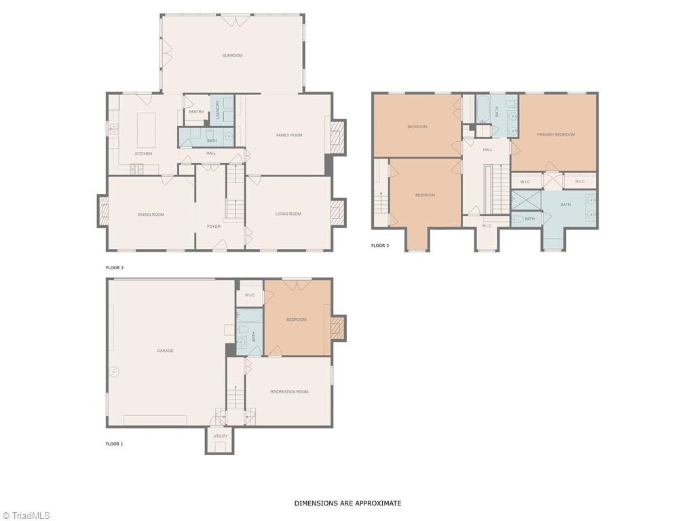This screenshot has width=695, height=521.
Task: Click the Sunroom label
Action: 232,56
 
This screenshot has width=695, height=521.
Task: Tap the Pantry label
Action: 196,112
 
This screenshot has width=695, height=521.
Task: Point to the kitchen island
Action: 147,130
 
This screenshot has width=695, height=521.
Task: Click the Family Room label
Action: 289,135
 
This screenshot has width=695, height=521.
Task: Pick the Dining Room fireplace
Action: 103,211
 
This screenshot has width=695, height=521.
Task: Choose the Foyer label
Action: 214,227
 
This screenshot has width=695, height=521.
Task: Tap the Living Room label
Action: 288,214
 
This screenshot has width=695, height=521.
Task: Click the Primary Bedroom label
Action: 556,134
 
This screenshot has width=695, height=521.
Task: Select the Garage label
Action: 165,351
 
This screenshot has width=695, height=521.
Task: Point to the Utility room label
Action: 221,436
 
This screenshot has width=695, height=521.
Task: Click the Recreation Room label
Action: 289,391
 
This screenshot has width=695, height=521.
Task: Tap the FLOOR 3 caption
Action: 380,246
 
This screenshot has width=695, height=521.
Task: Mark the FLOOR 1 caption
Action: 114,444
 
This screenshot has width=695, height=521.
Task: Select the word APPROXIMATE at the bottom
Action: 377,503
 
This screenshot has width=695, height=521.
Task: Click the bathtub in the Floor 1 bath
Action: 250,315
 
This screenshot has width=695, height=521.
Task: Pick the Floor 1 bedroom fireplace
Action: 339,328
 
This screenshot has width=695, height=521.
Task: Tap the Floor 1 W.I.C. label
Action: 250,295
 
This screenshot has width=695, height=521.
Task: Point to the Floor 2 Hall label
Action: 212,153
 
